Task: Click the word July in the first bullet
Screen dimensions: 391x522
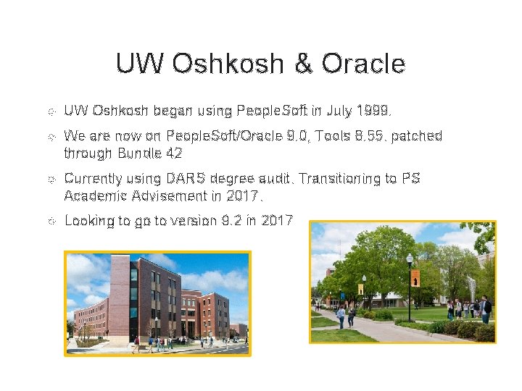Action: [340, 112]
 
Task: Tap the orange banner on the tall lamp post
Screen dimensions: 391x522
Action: [415, 278]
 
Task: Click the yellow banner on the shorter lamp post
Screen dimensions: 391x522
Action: [360, 289]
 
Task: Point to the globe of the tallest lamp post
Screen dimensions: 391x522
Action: [410, 258]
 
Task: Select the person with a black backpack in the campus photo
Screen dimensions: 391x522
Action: [486, 307]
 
